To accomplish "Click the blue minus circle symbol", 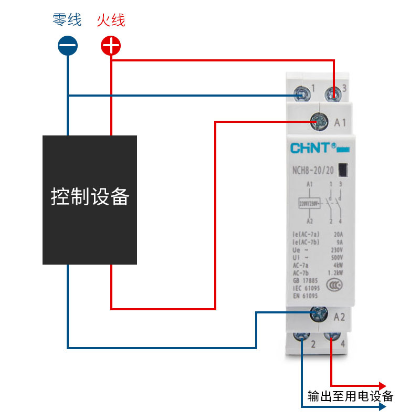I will pyautogui.click(x=68, y=46).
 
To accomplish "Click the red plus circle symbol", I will pyautogui.click(x=111, y=46).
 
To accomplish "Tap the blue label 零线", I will pyautogui.click(x=67, y=20).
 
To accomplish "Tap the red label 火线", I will pyautogui.click(x=111, y=20).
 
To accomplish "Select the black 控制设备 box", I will pyautogui.click(x=90, y=199).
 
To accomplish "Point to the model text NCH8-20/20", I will pyautogui.click(x=313, y=170).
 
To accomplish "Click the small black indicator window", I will pyautogui.click(x=343, y=170).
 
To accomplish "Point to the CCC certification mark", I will pyautogui.click(x=333, y=285).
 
